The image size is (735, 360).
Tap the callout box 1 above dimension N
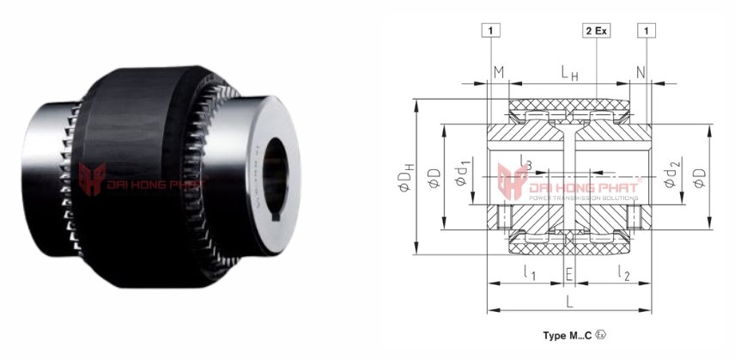click(x=646, y=31)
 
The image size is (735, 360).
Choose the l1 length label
click(x=528, y=273)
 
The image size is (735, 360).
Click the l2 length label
click(x=624, y=273)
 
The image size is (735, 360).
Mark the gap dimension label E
click(x=568, y=275)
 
